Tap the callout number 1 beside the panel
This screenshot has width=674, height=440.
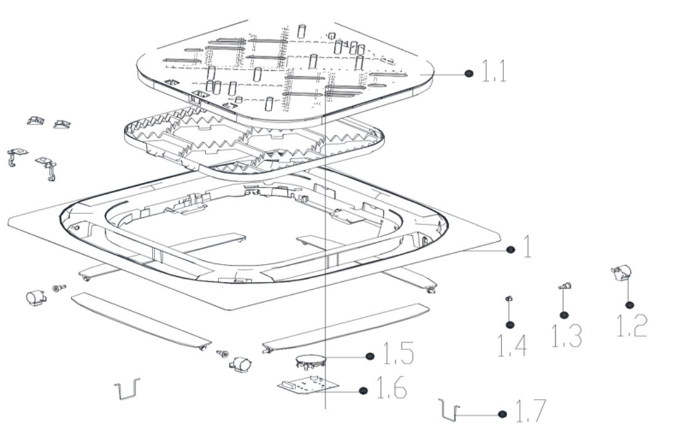click(527, 248)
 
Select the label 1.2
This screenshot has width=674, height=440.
click(632, 326)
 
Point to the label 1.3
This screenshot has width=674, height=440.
click(566, 335)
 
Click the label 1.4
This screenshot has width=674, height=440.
click(512, 345)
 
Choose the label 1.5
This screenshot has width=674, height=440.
click(398, 355)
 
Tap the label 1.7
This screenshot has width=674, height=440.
click(529, 412)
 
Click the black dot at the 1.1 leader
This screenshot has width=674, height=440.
click(469, 73)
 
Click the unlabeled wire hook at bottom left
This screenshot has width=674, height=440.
click(127, 388)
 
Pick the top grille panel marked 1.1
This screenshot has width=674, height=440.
click(283, 68)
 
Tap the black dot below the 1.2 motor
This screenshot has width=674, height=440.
click(629, 305)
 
